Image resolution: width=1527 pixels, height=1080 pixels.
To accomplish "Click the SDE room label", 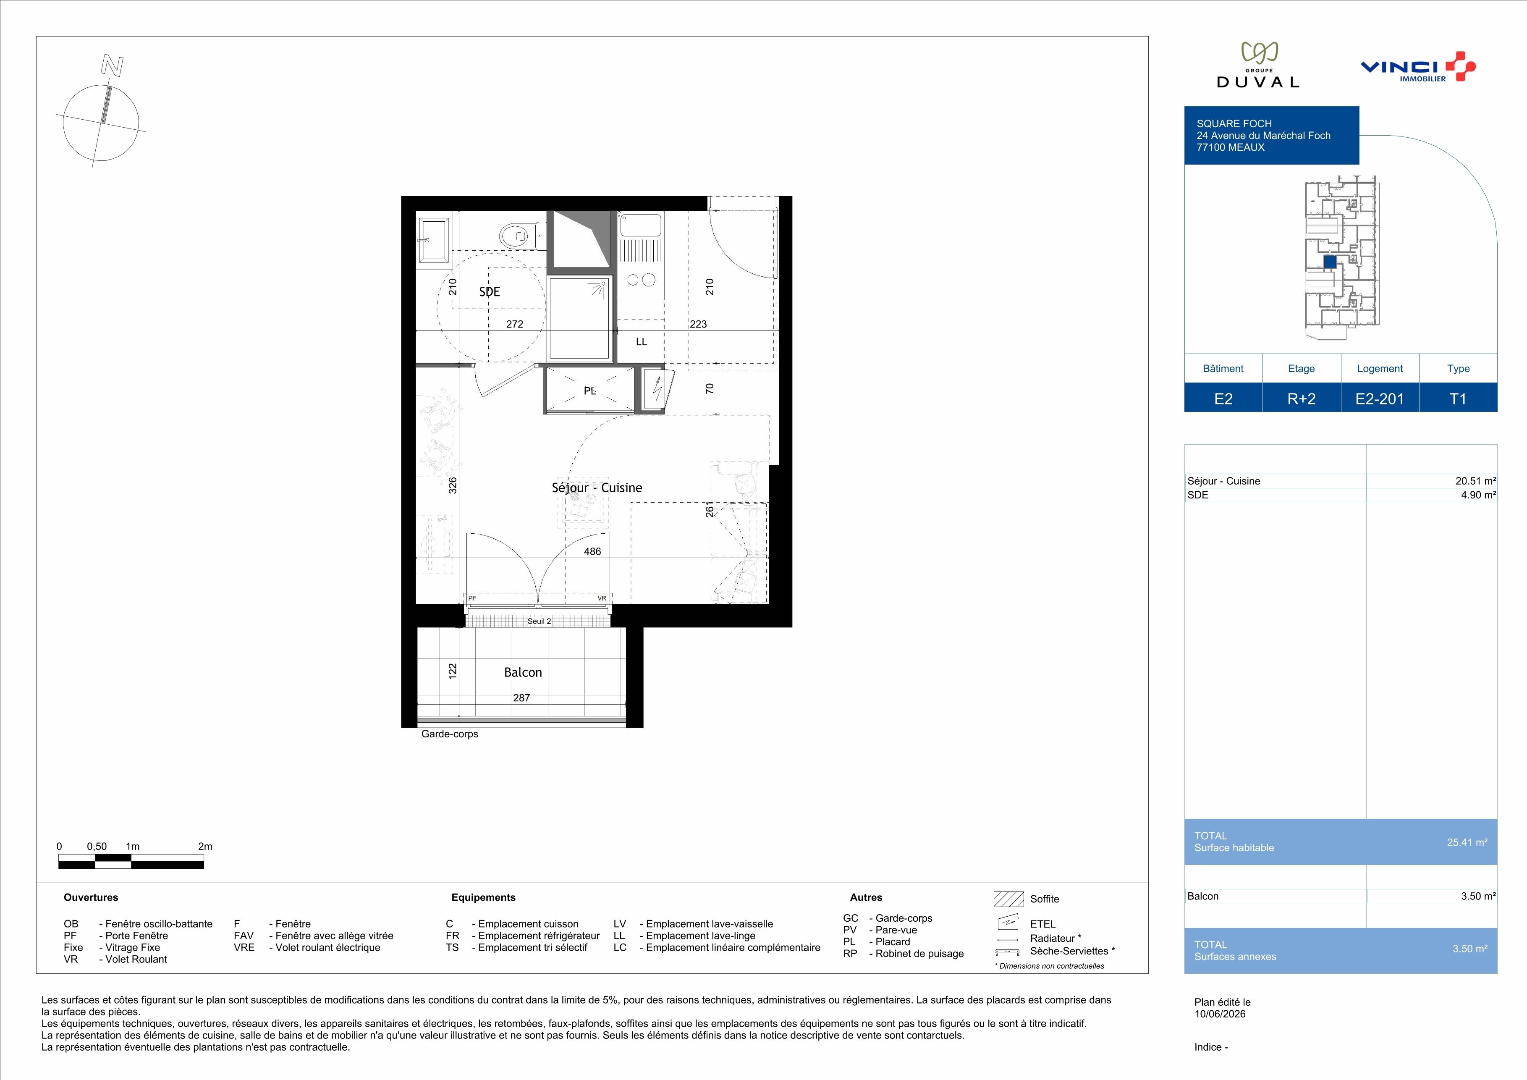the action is pos(490,292).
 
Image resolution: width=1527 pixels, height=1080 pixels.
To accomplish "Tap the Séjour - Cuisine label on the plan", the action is pos(597,488).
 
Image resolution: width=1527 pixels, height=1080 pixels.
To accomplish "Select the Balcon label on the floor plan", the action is pos(523,672).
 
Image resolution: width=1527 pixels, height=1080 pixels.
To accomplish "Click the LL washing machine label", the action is pos(641,342).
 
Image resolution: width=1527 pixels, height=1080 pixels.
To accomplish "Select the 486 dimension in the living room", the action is pos(592,551).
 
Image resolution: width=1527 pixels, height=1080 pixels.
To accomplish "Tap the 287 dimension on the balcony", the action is pos(521,697).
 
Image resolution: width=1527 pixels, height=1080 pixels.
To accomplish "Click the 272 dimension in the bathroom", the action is pos(515,325).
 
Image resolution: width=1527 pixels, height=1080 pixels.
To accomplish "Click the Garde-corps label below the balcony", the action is pos(450,734).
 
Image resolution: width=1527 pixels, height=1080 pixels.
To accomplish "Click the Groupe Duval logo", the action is pos(1257,65).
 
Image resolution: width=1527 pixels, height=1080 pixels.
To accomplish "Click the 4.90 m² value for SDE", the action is pos(1478,495).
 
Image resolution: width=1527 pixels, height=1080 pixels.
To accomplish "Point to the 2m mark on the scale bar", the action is pos(205,847).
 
